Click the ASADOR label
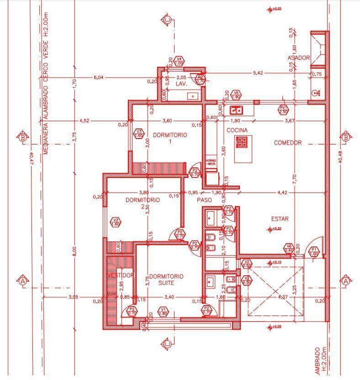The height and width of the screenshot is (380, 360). coord(299,58)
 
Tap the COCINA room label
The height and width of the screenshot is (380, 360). coord(237,130)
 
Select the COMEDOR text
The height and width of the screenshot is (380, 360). coord(287,143)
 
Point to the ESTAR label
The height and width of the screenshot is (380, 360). coord(280,219)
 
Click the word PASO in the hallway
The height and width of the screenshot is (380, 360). coord(204,200)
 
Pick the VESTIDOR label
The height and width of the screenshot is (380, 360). coord(121,275)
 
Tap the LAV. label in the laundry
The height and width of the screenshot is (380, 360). coord(181,84)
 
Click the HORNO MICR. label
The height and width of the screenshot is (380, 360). coord(211,162)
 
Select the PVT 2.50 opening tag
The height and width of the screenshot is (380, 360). coord(283,109)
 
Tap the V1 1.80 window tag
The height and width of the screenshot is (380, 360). coord(163,311)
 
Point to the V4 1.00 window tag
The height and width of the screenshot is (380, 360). coord(179,61)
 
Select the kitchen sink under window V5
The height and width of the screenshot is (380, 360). coord(236,110)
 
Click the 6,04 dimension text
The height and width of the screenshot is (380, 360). coord(98,77)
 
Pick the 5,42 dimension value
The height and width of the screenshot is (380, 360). coord(258,73)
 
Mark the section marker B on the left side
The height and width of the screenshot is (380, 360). coord(22,136)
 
